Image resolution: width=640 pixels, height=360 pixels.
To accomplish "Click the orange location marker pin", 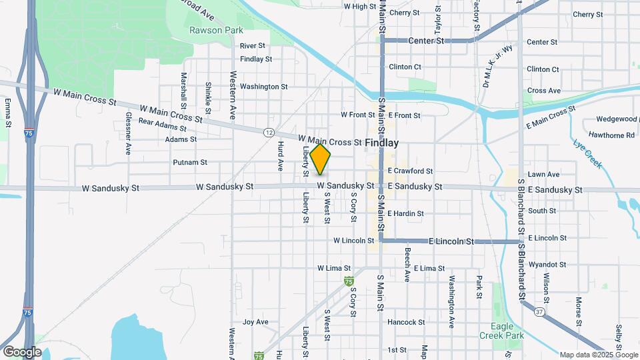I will pyautogui.click(x=321, y=159).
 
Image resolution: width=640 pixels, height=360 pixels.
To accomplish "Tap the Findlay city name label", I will pyautogui.click(x=382, y=143).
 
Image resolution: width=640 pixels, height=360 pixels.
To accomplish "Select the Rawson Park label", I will pyautogui.click(x=216, y=30).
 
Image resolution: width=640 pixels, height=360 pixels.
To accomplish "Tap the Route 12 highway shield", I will pyautogui.click(x=268, y=132).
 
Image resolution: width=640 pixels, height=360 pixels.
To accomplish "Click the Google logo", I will pyautogui.click(x=22, y=351).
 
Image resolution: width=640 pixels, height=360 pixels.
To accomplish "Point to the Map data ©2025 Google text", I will pyautogui.click(x=599, y=355).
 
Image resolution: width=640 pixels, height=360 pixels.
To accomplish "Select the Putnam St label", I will pyautogui.click(x=190, y=162).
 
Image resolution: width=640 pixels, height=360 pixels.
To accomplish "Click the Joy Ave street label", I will pyautogui.click(x=255, y=322).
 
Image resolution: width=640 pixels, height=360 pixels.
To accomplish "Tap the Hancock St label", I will pyautogui.click(x=406, y=322).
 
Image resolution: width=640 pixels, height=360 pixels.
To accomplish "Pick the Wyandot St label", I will pyautogui.click(x=547, y=265).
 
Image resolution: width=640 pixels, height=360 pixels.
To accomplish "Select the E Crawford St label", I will pyautogui.click(x=410, y=171).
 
